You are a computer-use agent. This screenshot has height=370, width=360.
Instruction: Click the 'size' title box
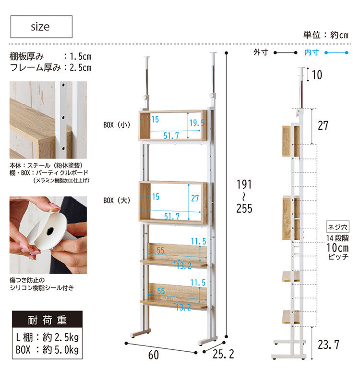[41, 27]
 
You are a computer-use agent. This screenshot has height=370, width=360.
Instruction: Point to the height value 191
[243, 185]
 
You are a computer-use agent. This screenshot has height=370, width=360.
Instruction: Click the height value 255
[243, 208]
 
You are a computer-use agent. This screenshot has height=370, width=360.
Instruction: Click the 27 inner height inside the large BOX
[195, 198]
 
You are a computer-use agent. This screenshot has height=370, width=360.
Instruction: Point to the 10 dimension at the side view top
[317, 74]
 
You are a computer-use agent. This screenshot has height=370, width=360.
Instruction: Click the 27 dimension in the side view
[323, 125]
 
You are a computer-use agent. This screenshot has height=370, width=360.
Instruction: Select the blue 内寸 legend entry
[312, 52]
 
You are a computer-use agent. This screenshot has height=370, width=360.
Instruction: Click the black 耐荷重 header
[47, 320]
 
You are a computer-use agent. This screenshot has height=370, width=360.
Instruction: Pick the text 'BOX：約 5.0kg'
[47, 349]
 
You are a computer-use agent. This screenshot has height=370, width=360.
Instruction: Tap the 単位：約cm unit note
[325, 35]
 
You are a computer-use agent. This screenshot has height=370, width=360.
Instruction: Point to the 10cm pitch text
[337, 247]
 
